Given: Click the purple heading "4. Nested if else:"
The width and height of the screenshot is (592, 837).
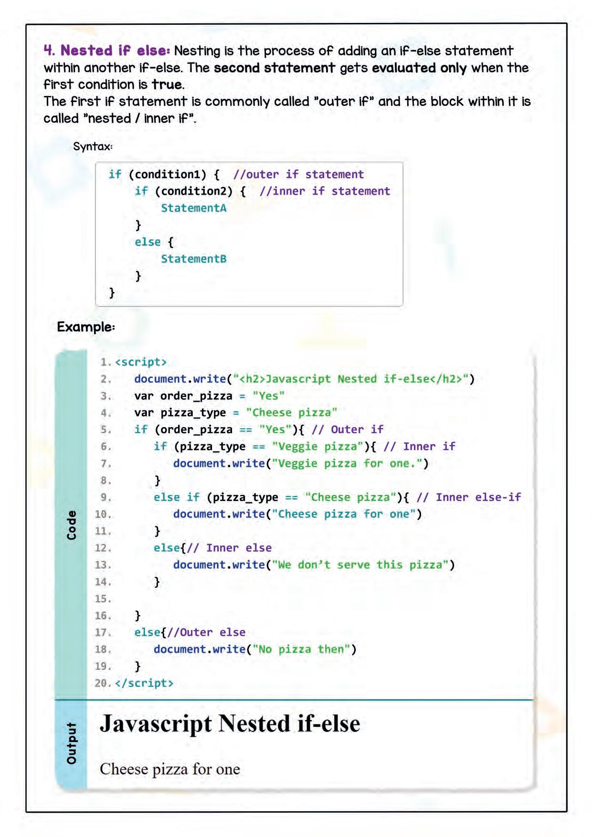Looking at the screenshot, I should (x=106, y=51).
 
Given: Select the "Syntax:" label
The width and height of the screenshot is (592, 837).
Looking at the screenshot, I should (x=93, y=146).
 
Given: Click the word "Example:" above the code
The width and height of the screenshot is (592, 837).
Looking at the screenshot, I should (x=86, y=327).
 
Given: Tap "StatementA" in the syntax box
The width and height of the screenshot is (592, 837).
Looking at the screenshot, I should (x=193, y=208).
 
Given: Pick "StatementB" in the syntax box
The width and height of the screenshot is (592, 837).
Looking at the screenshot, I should (x=193, y=259).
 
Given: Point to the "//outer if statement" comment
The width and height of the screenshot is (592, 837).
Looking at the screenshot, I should (x=298, y=175).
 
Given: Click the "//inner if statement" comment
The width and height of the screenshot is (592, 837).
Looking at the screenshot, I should (x=325, y=191).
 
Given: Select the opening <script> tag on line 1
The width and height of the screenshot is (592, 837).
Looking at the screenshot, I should (x=141, y=362).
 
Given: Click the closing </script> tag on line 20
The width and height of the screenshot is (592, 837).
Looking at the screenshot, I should (x=144, y=683).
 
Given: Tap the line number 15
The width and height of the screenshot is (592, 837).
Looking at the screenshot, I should (x=103, y=599).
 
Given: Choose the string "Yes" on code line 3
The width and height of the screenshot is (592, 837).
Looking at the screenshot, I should (x=268, y=396).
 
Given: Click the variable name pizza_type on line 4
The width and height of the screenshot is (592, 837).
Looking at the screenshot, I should (x=193, y=413).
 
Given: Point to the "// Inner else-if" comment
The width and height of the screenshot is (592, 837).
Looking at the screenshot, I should (x=468, y=497).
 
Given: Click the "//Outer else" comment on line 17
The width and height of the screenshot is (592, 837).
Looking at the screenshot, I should (x=206, y=632).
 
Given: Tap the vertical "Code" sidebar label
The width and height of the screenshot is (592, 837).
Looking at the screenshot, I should (x=71, y=525).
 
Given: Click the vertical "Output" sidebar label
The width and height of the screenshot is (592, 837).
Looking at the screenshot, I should (x=71, y=743).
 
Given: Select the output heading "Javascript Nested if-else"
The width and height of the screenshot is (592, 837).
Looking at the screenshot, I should (x=230, y=723).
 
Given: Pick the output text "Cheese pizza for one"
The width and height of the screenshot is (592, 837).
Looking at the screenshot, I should (x=170, y=769).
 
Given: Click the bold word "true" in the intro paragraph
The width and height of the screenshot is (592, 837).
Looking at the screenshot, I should (x=167, y=84).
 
